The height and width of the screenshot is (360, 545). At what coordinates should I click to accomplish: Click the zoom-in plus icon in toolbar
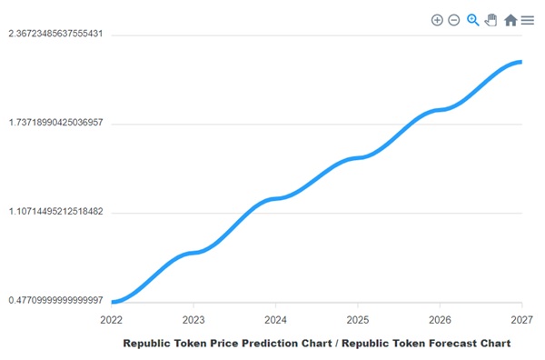437,20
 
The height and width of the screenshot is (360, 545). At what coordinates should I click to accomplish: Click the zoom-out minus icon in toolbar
454,20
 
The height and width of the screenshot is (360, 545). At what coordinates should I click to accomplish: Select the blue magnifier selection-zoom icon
473,20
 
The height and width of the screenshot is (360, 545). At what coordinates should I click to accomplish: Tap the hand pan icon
491,20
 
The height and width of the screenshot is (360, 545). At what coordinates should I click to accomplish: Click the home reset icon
510,20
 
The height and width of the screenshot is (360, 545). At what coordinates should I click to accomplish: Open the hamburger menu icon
528,20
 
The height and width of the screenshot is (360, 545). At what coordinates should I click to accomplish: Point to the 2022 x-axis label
112,320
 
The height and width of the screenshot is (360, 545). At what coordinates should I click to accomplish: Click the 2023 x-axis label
193,320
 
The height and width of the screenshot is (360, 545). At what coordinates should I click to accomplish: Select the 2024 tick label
275,320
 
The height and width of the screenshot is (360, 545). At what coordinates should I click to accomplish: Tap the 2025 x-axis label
358,320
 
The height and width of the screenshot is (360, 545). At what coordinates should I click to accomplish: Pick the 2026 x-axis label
440,320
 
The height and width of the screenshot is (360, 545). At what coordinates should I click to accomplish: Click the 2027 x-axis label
521,320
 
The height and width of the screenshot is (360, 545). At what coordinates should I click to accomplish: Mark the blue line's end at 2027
520,62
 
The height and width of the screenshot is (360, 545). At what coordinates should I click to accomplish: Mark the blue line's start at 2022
113,302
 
